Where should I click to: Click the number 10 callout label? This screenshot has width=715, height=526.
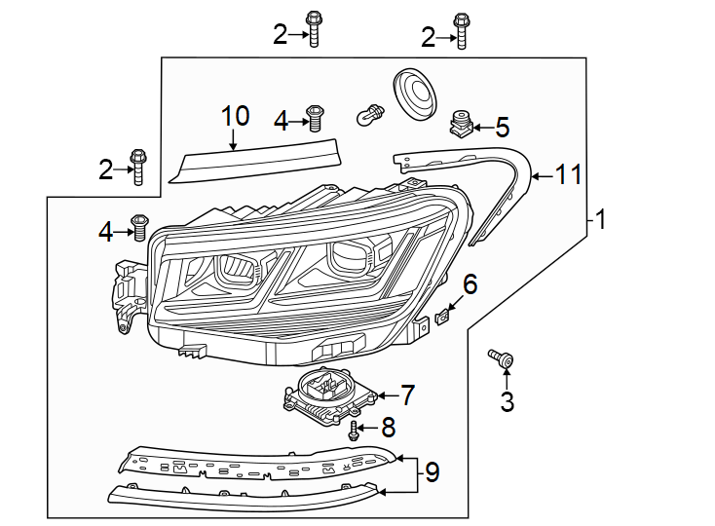(x=235, y=116)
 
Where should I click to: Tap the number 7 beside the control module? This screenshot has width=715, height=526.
(x=407, y=394)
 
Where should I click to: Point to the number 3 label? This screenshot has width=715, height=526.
(x=507, y=400)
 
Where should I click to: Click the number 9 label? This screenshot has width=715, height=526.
(x=432, y=473)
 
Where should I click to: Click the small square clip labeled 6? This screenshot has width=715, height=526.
(x=443, y=316)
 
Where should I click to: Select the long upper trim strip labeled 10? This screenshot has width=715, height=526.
(x=255, y=159)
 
